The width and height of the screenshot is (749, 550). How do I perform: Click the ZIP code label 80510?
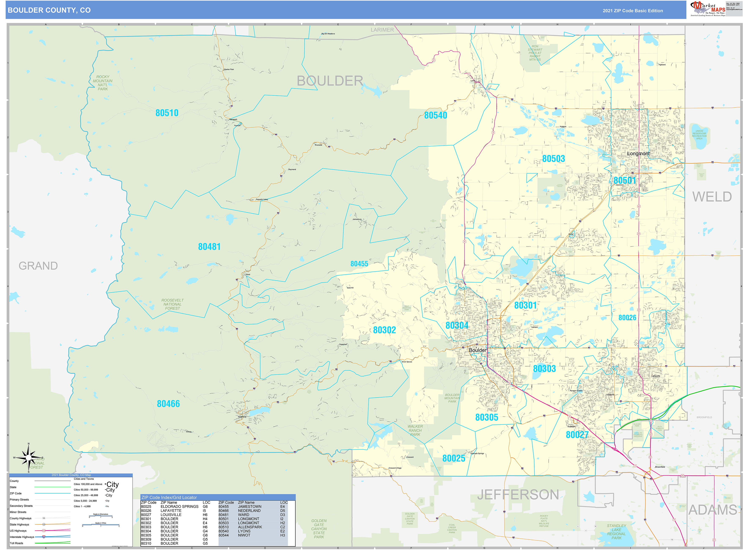click(167, 113)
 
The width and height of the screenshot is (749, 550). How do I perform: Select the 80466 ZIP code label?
click(168, 404)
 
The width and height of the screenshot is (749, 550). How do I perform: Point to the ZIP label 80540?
click(436, 115)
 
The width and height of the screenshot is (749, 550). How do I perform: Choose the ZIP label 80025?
click(453, 458)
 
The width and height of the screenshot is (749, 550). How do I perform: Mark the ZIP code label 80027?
click(577, 435)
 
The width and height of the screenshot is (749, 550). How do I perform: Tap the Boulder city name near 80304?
click(477, 350)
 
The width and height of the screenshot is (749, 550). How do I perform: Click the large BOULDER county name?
click(330, 81)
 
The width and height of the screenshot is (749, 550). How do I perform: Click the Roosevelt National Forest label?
click(172, 304)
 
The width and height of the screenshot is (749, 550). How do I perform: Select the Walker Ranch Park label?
click(415, 430)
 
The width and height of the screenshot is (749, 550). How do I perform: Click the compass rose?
click(29, 458)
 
